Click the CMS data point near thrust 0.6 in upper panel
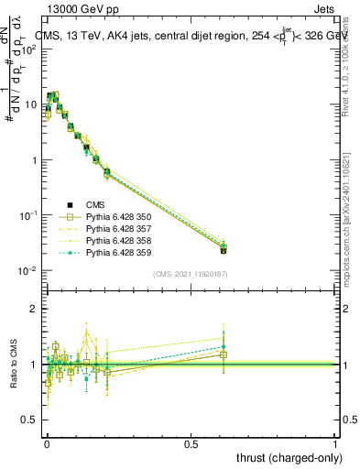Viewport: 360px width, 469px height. [224, 249]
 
